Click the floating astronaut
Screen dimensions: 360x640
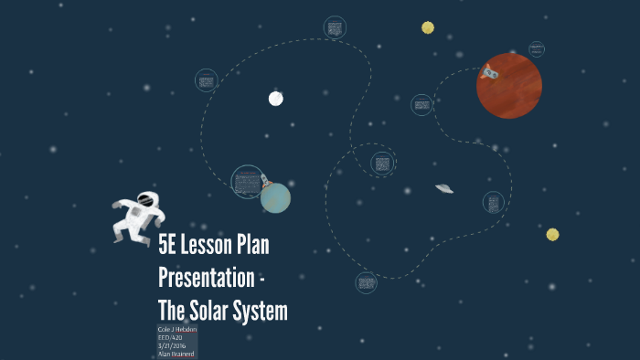point(138,217)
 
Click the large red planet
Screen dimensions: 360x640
point(509,86)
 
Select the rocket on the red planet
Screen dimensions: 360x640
point(490,71)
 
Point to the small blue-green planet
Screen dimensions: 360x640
point(275,197)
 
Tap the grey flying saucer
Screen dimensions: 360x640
point(444,188)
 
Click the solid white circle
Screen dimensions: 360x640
point(275,99)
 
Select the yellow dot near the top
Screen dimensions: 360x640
point(428,27)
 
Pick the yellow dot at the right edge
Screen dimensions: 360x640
point(552,235)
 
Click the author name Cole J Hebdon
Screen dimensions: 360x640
point(177,329)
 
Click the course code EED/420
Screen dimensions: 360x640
point(171,337)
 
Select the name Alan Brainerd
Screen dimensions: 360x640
point(176,354)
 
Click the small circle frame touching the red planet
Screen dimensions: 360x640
point(537,48)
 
